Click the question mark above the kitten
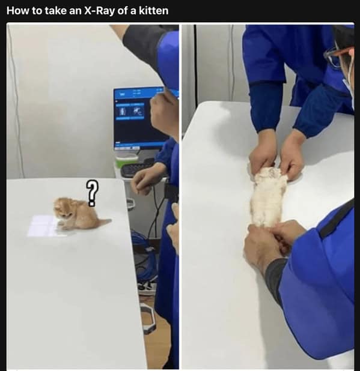(x=92, y=193)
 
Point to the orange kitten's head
(x=63, y=208)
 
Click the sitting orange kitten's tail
(x=104, y=222)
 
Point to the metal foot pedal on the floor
(x=148, y=318)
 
